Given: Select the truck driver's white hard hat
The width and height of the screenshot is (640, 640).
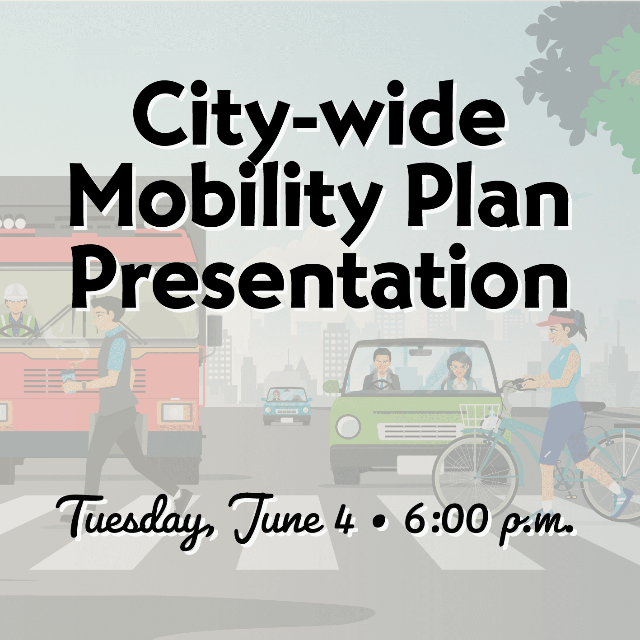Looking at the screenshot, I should click(x=16, y=291).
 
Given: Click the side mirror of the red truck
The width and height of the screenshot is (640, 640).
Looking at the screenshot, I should click(x=215, y=330).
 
